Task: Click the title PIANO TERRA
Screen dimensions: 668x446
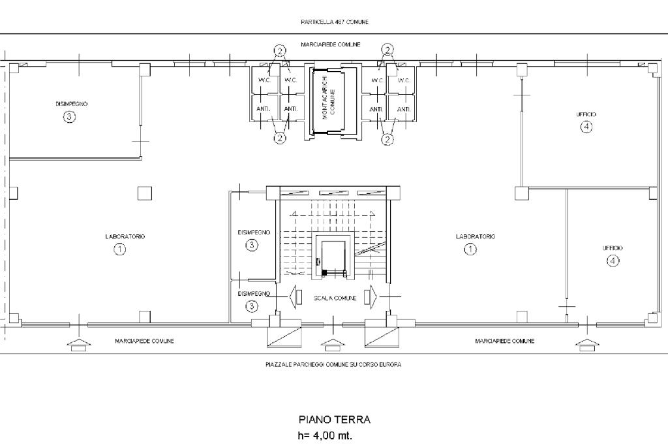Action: pos(335,420)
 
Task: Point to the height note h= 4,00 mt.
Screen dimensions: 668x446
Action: pos(325,436)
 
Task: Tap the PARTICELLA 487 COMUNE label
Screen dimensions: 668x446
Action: pos(335,22)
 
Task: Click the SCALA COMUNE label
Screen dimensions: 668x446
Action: pos(335,298)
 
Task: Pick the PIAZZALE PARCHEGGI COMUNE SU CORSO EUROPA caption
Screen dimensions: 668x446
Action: pos(333,364)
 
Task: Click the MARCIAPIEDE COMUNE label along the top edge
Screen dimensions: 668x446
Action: pos(331,44)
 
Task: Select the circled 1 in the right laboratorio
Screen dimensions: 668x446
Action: pos(470,249)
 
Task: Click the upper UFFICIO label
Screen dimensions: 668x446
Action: pos(586,114)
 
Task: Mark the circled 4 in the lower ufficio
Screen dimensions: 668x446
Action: pos(613,261)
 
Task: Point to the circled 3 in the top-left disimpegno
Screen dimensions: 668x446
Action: pos(69,116)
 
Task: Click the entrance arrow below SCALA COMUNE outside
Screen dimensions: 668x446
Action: pos(333,345)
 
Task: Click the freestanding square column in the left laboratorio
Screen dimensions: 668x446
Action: pos(145,193)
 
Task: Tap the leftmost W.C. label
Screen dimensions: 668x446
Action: pos(265,80)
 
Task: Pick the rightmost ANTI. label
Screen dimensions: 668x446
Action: pos(403,110)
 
